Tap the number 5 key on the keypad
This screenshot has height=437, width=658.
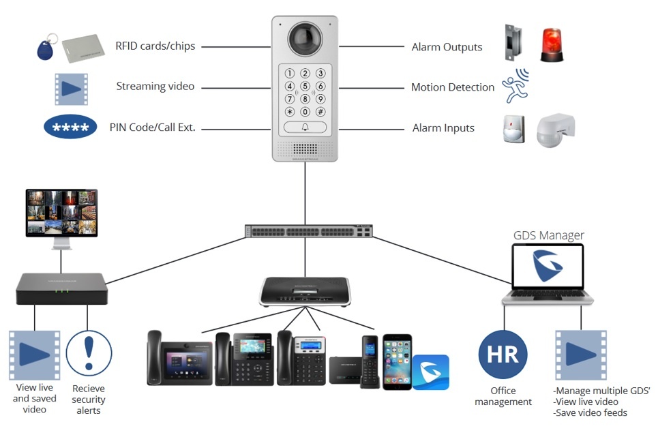coord(305,86)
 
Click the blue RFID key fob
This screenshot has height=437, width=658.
coord(45,48)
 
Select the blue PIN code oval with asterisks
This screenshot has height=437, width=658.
coord(71,127)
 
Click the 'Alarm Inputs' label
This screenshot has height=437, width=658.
coord(443,128)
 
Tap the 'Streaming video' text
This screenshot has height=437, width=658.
coord(155,87)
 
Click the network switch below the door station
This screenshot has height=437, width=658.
coord(310,232)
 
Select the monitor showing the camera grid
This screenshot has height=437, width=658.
coord(61,213)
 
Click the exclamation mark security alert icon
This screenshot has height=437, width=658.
coord(89,355)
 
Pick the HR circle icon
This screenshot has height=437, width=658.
coord(503,355)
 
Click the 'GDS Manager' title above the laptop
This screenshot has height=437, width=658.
coord(548,236)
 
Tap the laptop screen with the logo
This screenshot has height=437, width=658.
coord(548,267)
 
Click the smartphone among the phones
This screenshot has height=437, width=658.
coord(397,361)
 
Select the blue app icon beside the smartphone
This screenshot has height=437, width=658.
coord(430,372)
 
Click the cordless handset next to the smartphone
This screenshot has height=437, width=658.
coord(370,361)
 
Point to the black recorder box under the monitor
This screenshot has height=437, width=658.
coord(61,288)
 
